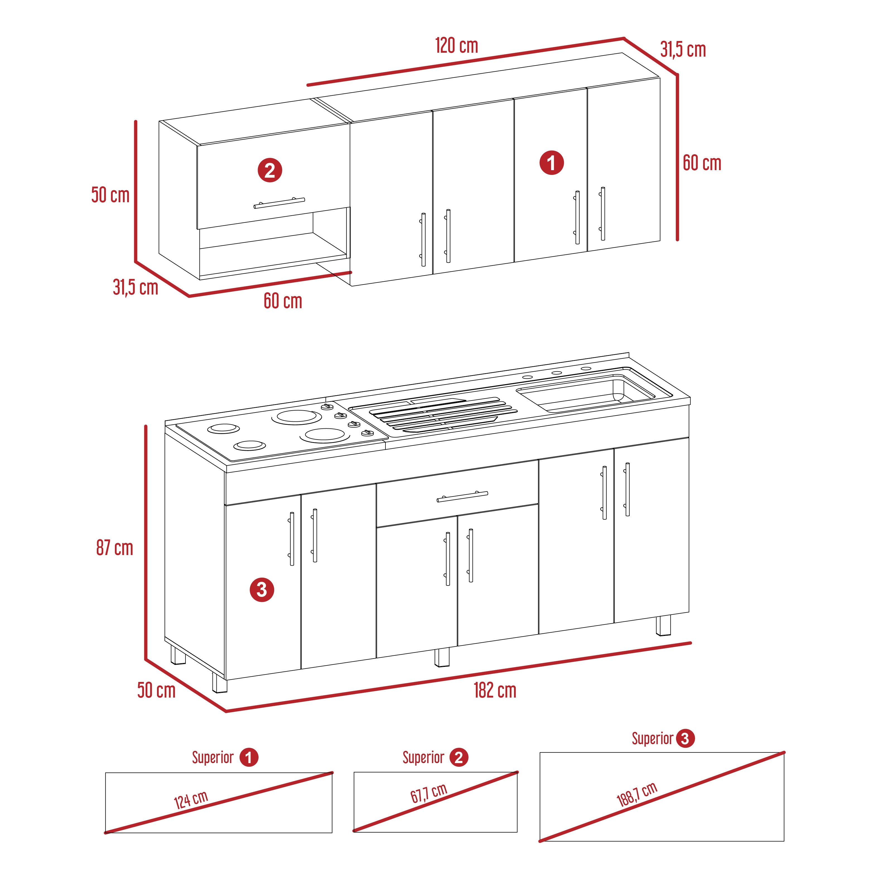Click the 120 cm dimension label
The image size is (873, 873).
(456, 46)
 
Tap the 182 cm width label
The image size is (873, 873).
(495, 690)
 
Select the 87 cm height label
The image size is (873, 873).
(115, 548)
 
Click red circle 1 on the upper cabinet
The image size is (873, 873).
(552, 163)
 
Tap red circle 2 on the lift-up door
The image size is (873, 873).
(270, 170)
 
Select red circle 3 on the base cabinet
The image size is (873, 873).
(262, 589)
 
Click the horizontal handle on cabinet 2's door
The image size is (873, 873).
(279, 203)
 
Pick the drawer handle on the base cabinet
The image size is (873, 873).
(462, 496)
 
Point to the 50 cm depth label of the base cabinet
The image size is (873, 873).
(156, 690)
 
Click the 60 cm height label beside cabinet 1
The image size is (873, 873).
(702, 163)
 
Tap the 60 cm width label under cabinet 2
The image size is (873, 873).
(283, 301)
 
